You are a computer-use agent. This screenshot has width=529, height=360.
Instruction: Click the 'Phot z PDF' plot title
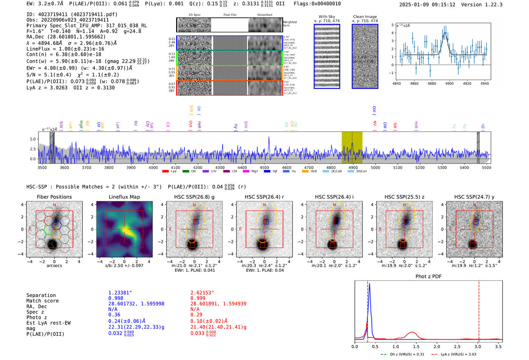[x=428, y=277]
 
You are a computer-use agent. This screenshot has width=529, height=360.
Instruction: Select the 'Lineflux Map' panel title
[x=124, y=197]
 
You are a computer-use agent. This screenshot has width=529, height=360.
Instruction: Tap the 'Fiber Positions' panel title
[x=54, y=197]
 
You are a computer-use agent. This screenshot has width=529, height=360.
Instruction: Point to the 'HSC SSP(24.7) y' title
[x=474, y=197]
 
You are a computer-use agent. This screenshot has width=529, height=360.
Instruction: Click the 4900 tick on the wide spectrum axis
[x=353, y=168]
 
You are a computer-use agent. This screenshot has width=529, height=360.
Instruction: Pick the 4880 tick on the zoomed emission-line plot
[x=432, y=83]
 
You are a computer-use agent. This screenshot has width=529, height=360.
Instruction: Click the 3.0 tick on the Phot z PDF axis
[x=478, y=346]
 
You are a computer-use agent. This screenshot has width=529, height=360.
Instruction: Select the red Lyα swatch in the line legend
[x=165, y=172]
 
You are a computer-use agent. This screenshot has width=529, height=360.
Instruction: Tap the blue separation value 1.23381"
[x=120, y=293]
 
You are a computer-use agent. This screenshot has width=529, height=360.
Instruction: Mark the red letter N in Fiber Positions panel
[x=54, y=205]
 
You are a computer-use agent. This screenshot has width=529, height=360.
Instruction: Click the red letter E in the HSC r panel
[x=240, y=229]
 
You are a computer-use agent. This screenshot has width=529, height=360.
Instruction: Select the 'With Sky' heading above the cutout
[x=327, y=17]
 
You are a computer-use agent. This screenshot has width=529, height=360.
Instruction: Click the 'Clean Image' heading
[x=365, y=17]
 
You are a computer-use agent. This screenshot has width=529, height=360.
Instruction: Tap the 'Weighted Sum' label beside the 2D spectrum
[x=290, y=24]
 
